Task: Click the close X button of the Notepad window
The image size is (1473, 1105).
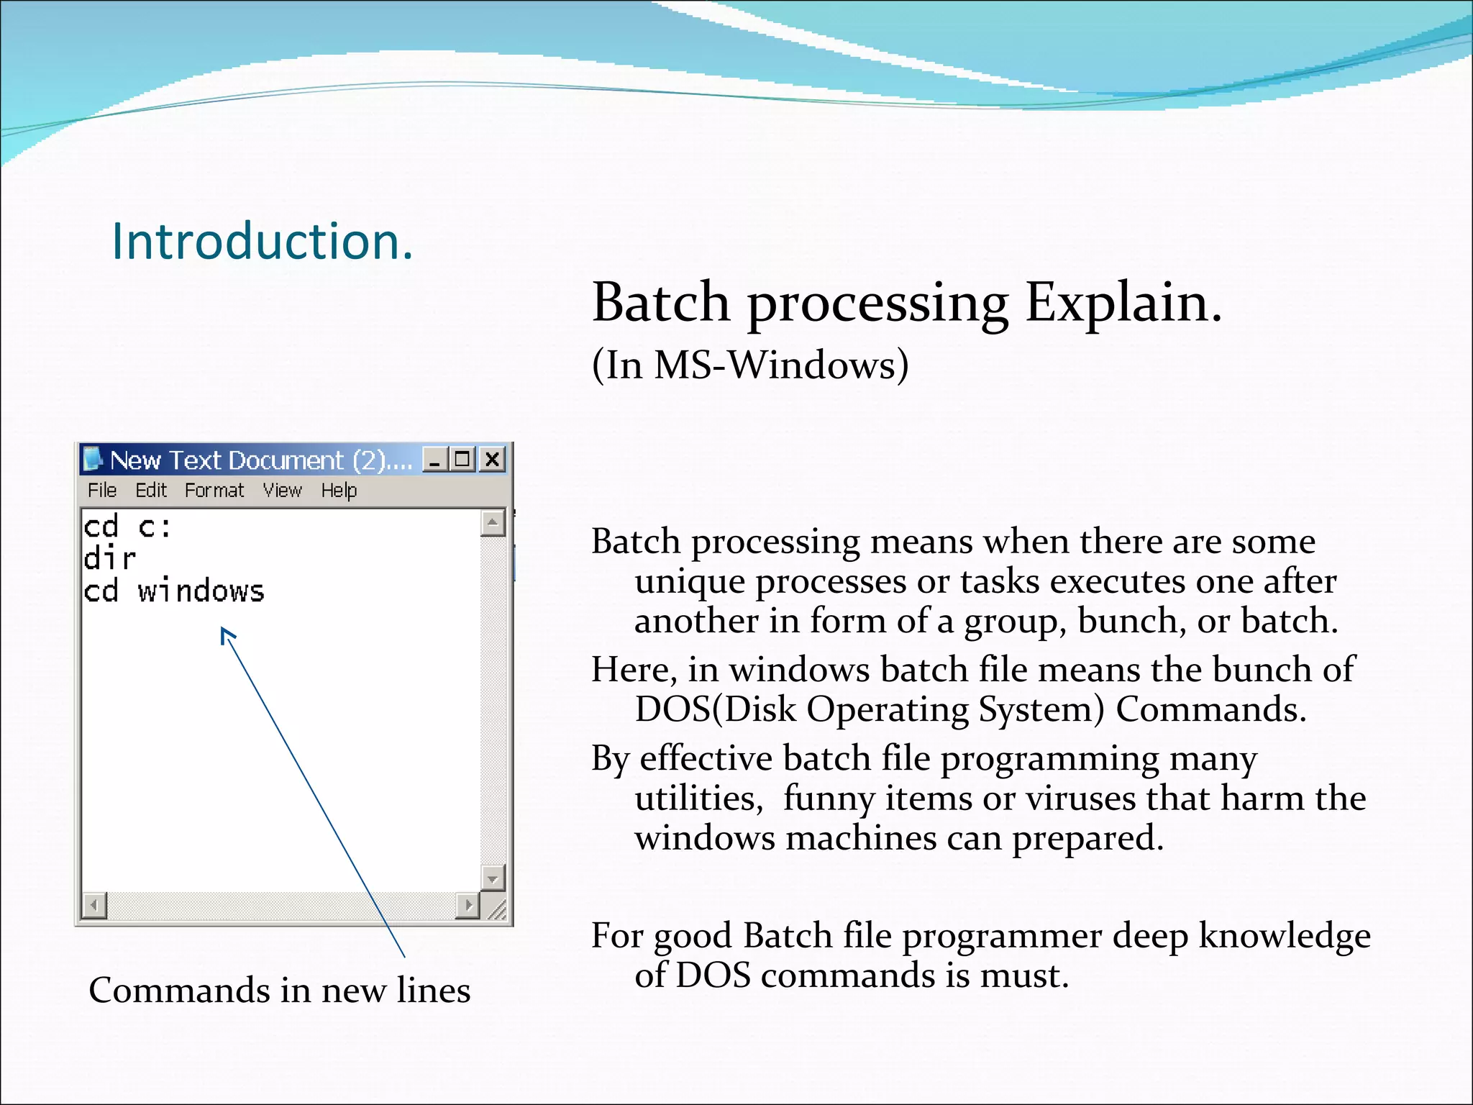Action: point(493,459)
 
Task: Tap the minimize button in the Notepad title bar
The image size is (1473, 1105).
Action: point(434,459)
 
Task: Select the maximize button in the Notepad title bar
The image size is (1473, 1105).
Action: point(463,459)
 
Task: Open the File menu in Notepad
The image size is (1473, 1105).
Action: point(102,491)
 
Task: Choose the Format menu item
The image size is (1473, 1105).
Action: point(214,491)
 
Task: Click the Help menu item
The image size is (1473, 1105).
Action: point(339,491)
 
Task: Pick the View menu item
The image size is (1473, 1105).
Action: point(282,491)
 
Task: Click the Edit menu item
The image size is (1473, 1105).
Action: point(151,491)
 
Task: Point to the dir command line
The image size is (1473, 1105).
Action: point(110,559)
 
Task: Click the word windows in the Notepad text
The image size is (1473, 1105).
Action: point(201,591)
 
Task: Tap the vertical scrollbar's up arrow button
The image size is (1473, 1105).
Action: point(493,522)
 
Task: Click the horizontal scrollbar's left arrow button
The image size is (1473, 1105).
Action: point(94,905)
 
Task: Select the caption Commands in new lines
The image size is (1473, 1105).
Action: point(279,991)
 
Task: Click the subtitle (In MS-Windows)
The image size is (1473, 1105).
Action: point(750,365)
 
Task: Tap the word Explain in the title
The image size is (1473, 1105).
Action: point(1123,302)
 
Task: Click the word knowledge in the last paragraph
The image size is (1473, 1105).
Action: point(1285,936)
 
